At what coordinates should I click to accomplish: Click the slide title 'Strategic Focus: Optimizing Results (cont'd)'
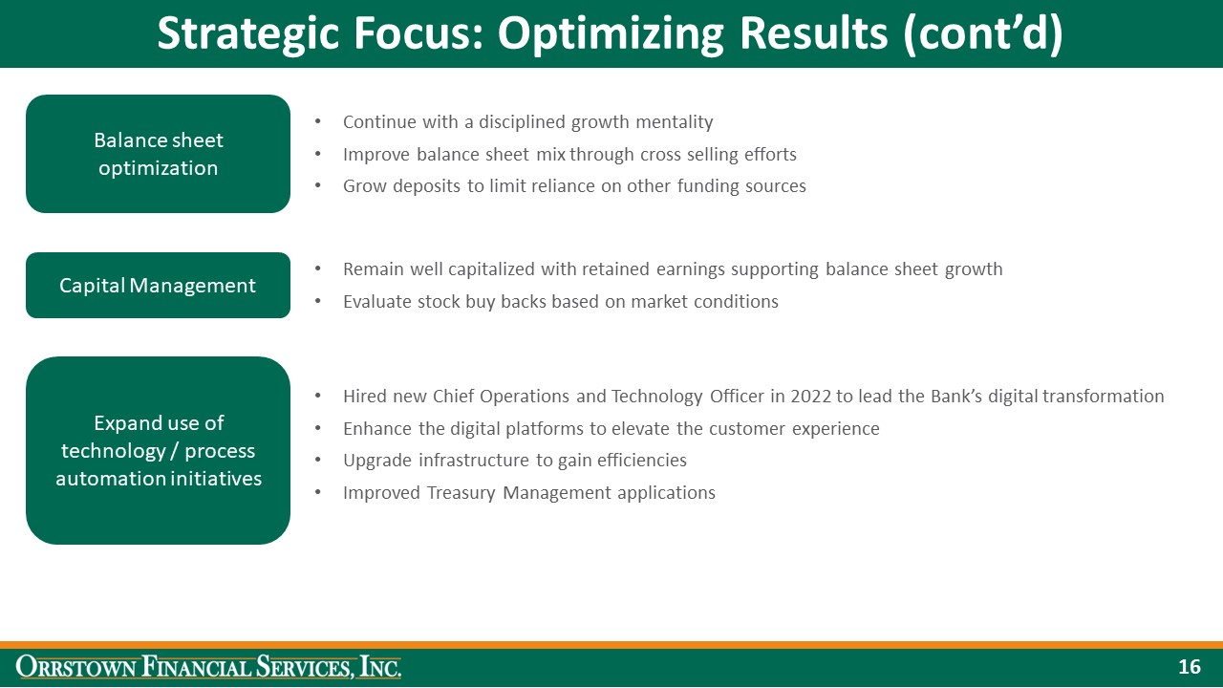(x=610, y=33)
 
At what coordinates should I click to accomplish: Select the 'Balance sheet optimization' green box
(x=158, y=154)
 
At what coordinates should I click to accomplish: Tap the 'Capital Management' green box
(x=158, y=285)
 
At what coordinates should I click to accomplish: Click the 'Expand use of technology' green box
(x=158, y=450)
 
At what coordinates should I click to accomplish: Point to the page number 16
(x=1189, y=667)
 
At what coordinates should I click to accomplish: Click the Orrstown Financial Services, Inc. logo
(x=209, y=667)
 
